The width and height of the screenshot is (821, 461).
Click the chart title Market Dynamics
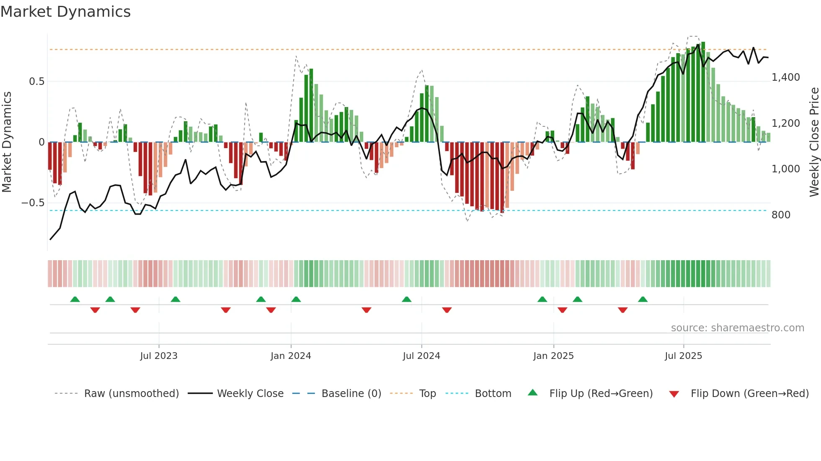(x=65, y=12)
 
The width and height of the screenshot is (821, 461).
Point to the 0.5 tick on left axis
(x=37, y=82)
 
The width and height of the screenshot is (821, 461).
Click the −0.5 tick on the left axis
(x=33, y=203)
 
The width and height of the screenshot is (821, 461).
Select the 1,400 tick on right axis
(x=785, y=77)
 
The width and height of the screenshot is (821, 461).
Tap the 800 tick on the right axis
(x=781, y=215)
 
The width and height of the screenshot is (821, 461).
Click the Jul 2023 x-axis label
(x=159, y=356)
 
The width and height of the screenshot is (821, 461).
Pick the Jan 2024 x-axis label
(x=291, y=356)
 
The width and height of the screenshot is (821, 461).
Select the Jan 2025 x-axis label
(x=553, y=356)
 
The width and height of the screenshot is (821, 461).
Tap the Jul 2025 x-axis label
(x=683, y=356)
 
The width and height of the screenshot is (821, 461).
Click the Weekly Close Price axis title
(x=814, y=142)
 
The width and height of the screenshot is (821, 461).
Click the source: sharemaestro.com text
(x=737, y=328)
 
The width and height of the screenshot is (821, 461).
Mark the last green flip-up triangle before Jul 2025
(x=643, y=299)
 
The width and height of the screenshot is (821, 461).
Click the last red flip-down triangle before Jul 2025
(x=622, y=310)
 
